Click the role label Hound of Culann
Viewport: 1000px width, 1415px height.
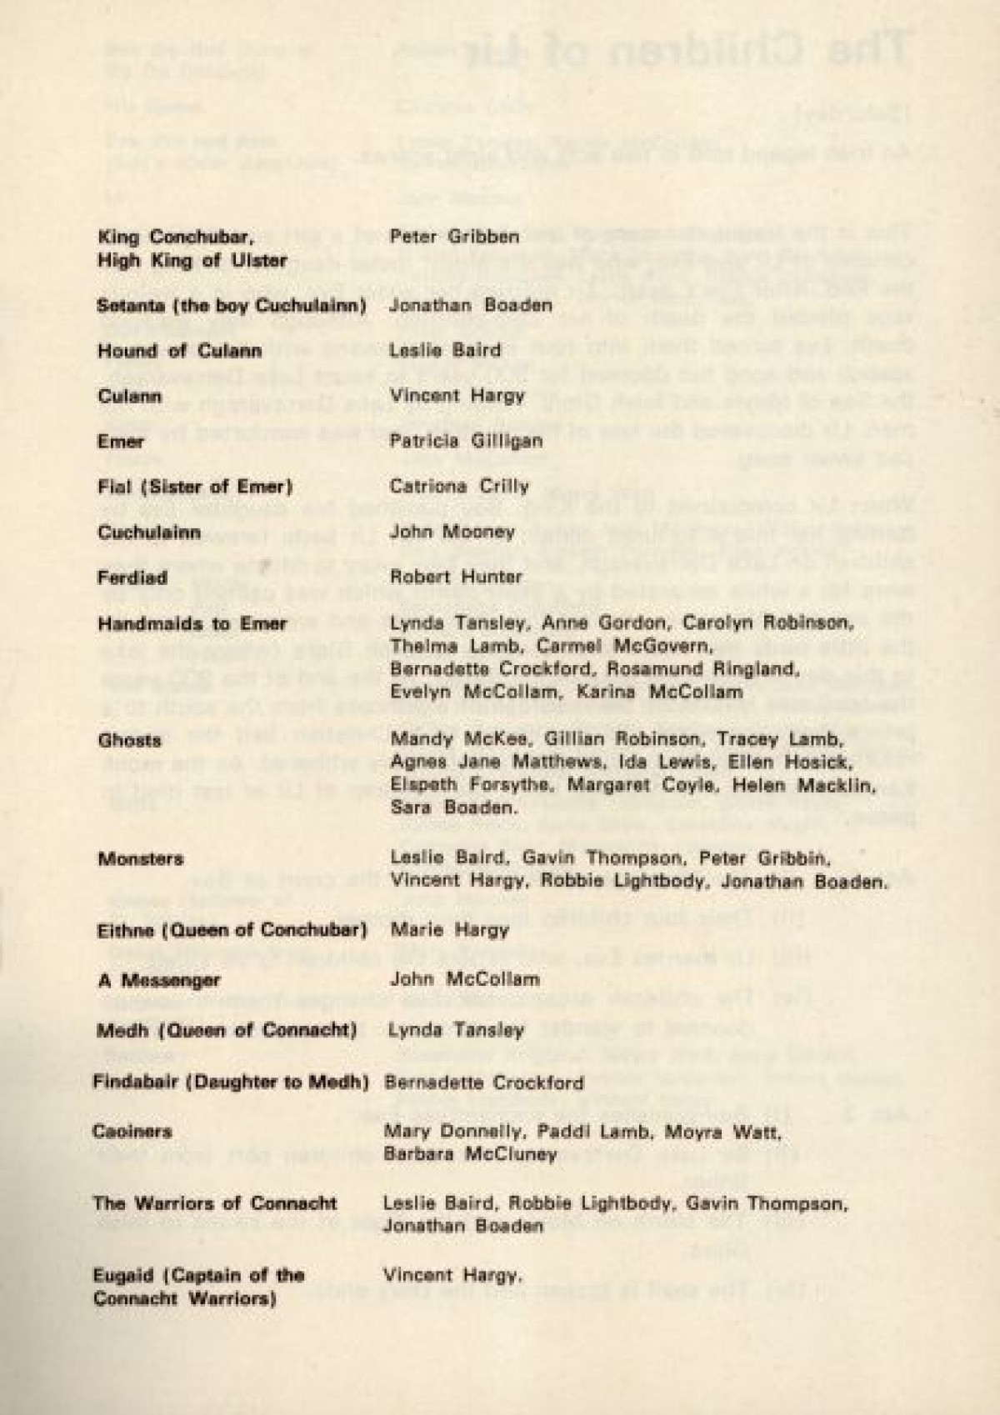pos(179,350)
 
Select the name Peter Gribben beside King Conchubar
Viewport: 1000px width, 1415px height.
pos(453,236)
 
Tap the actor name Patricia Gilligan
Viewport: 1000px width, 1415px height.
pos(466,441)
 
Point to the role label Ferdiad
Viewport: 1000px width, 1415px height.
pos(132,577)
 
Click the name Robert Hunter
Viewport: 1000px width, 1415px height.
pos(456,577)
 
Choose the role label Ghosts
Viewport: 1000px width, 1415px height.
pos(129,740)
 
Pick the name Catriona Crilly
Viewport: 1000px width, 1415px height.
pos(459,486)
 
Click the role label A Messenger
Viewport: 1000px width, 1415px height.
pos(159,980)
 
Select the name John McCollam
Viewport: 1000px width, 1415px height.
pos(464,979)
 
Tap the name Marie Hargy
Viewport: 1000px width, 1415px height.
pos(450,929)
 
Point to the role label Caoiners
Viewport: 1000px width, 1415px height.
pos(132,1132)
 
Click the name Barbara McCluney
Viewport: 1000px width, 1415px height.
pos(470,1154)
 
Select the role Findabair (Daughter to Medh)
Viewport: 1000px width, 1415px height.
pos(231,1082)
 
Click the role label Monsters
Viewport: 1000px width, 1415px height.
pos(141,858)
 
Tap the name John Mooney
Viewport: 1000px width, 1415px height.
pos(452,532)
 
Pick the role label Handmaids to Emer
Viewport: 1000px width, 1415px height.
pos(192,623)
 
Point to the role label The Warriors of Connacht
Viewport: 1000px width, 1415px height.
pos(215,1202)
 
